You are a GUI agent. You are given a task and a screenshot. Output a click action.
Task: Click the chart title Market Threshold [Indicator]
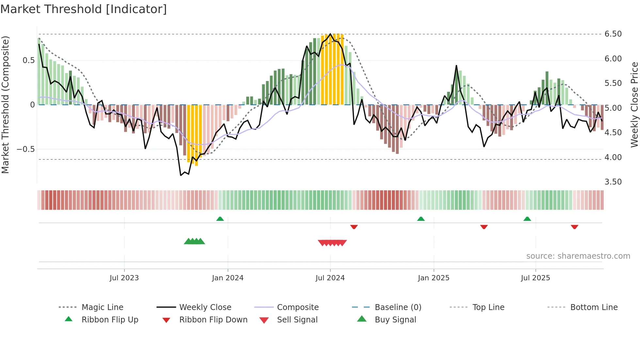point(84,9)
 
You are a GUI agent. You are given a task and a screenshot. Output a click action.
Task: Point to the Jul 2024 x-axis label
point(330,278)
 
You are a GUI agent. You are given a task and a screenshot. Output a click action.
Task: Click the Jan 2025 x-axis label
point(433,278)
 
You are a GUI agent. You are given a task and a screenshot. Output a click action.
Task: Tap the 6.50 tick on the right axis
point(613,34)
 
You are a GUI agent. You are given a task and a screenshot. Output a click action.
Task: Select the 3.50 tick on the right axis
point(613,182)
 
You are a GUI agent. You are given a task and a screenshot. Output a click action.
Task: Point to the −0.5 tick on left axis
point(25,149)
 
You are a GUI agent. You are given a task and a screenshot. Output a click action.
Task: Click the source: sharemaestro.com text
point(578,256)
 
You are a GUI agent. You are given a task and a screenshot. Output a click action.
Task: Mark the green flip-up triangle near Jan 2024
point(220,219)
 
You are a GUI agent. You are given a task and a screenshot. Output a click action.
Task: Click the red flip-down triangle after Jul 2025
point(574,227)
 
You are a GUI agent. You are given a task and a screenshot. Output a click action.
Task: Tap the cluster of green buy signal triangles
point(194,241)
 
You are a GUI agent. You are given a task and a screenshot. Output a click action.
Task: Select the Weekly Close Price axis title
point(634,105)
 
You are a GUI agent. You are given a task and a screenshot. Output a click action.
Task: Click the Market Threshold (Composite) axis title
point(5,105)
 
